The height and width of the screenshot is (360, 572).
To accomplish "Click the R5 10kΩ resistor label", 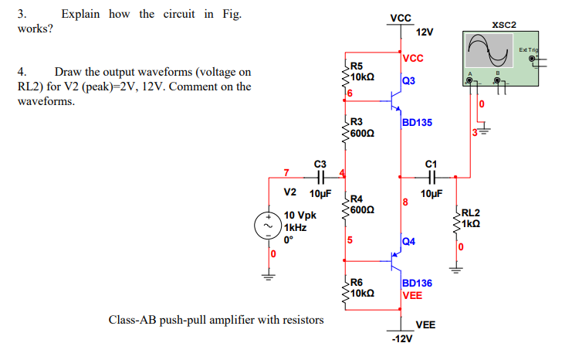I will (x=362, y=72).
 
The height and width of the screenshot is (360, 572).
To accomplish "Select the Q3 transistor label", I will (x=408, y=80).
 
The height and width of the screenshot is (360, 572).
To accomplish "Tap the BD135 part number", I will (x=417, y=122).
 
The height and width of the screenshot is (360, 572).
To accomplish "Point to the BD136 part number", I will (x=417, y=284).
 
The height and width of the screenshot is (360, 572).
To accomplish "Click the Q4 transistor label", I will (x=408, y=242).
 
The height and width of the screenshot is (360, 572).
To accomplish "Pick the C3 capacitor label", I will (x=320, y=163).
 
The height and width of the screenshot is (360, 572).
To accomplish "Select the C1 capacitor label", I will (x=432, y=163).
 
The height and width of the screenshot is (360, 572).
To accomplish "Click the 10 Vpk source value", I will (x=300, y=216).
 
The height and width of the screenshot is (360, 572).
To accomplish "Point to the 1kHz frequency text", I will (x=296, y=228).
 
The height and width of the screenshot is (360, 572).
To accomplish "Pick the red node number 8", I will (x=404, y=204).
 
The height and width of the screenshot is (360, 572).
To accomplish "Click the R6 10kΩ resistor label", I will (x=362, y=288).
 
